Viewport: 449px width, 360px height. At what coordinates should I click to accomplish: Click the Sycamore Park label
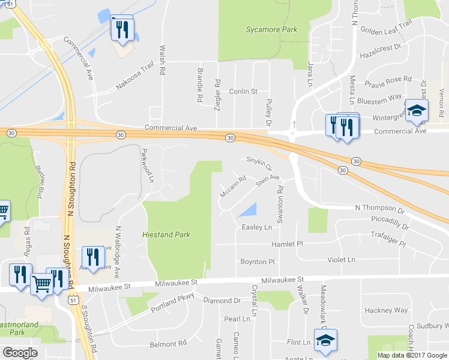pyautogui.click(x=271, y=29)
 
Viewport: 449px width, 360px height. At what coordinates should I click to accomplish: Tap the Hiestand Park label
pyautogui.click(x=166, y=235)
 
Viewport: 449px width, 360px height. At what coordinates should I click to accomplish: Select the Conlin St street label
pyautogui.click(x=243, y=92)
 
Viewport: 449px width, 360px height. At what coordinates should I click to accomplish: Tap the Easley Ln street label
pyautogui.click(x=257, y=227)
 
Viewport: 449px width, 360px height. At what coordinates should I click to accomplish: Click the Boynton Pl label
pyautogui.click(x=257, y=262)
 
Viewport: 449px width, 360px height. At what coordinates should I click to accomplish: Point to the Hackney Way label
pyautogui.click(x=386, y=310)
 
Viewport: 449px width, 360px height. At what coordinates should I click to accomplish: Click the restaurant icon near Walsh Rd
pyautogui.click(x=122, y=29)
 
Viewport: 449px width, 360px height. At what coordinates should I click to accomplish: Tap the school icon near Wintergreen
pyautogui.click(x=417, y=111)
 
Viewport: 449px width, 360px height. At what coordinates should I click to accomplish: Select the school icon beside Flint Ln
pyautogui.click(x=325, y=341)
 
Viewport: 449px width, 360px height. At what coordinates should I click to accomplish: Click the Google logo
pyautogui.click(x=20, y=352)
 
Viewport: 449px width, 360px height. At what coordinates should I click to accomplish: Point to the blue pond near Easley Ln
pyautogui.click(x=247, y=210)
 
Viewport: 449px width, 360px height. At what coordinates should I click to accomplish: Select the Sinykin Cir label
pyautogui.click(x=259, y=163)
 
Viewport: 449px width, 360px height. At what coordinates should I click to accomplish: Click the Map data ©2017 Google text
pyautogui.click(x=412, y=355)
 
